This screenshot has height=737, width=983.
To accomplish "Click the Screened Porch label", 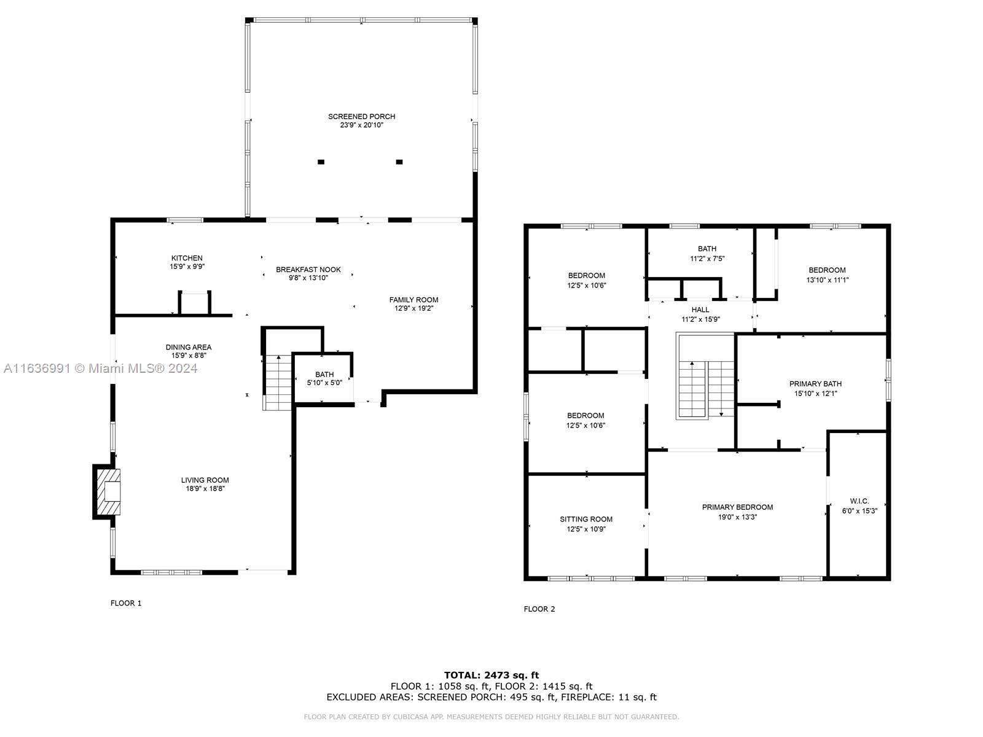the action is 361,116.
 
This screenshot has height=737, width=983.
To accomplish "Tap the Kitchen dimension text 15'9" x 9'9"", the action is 187,267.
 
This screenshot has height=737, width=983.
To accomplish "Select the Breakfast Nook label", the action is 308,270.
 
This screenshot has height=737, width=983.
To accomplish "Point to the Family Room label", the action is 413,300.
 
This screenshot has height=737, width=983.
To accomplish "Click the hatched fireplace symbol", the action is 109,491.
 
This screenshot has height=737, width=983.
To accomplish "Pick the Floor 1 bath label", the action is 324,374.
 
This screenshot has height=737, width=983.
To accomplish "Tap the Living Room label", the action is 205,480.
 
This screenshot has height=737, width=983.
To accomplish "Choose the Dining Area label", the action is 189,347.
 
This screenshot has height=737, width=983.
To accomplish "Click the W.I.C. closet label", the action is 859,501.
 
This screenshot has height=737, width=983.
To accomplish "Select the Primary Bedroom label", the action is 737,507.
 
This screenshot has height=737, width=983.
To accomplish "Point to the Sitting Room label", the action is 585,519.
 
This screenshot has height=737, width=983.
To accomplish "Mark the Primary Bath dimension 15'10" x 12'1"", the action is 815,394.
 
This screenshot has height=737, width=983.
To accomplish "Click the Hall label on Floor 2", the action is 700,310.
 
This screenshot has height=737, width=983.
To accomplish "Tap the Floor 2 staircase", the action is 705,376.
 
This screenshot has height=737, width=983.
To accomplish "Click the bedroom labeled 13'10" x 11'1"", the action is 827,270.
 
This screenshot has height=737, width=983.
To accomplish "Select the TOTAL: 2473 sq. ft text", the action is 491,675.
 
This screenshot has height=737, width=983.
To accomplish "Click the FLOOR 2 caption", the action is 539,609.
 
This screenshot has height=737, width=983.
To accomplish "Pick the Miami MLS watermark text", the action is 100,368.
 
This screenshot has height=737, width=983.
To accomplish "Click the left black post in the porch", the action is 321,162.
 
